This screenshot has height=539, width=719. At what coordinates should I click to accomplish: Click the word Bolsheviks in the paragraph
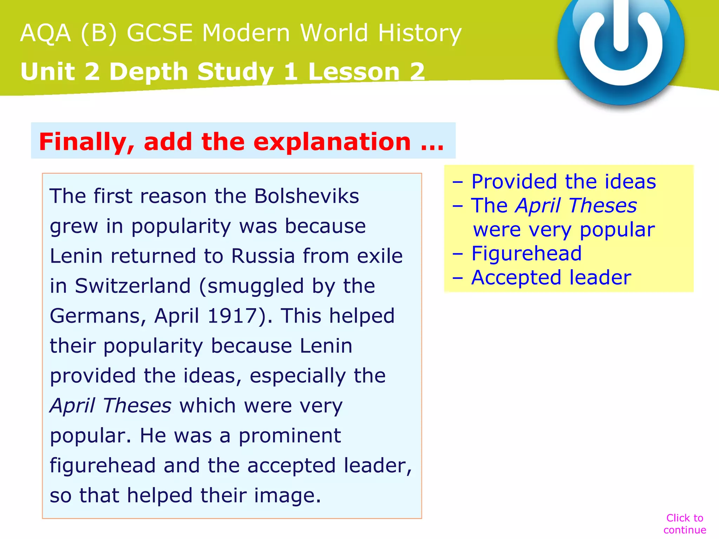click(x=306, y=196)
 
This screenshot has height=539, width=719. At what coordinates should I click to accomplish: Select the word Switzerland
click(x=132, y=286)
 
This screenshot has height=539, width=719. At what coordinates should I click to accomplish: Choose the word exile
click(x=380, y=256)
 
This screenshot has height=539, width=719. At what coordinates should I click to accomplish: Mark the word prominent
click(x=290, y=435)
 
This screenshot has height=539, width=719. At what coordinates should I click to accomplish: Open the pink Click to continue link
click(x=685, y=524)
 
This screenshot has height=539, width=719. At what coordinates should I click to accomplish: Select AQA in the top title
click(x=46, y=33)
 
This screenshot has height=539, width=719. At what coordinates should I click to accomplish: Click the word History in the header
click(x=420, y=33)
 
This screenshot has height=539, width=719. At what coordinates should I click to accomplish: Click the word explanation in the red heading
click(x=332, y=142)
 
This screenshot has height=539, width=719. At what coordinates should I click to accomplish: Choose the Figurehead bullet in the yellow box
click(x=526, y=253)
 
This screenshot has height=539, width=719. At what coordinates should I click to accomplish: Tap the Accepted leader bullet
click(x=551, y=278)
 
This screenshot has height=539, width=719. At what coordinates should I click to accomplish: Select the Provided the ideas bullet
click(x=563, y=181)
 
